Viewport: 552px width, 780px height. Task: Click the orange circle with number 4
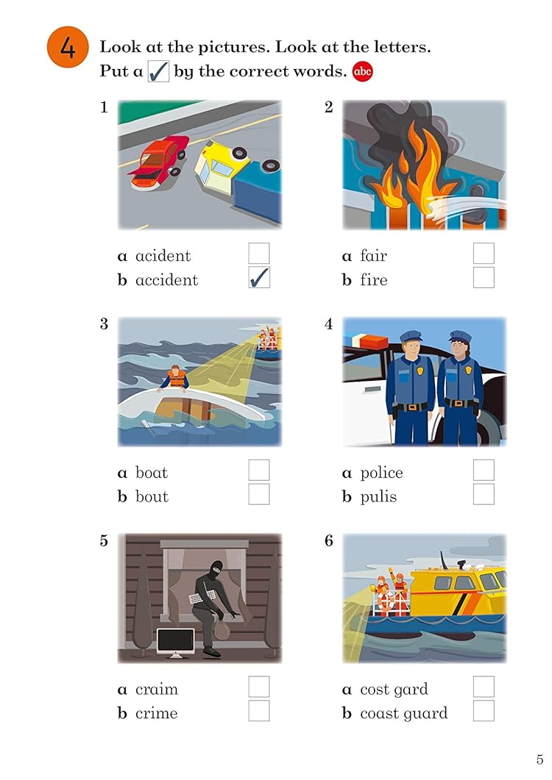click(x=68, y=48)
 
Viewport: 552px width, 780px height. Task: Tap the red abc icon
click(x=362, y=71)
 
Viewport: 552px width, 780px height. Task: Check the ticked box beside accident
click(x=259, y=278)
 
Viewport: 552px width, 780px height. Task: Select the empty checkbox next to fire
click(x=484, y=278)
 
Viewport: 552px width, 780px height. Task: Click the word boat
click(x=152, y=472)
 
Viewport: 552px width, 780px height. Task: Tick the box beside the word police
click(x=484, y=470)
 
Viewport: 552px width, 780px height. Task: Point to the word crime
click(x=157, y=713)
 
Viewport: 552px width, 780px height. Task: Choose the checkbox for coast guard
click(x=484, y=711)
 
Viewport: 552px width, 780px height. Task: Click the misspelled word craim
click(x=157, y=689)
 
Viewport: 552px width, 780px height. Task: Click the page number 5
click(x=539, y=759)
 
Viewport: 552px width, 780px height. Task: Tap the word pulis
click(x=378, y=497)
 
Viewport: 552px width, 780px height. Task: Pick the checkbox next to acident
click(x=259, y=253)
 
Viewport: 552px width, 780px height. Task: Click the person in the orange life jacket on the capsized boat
click(x=174, y=378)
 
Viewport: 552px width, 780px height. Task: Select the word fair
click(x=374, y=255)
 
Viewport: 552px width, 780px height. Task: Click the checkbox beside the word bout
click(x=259, y=494)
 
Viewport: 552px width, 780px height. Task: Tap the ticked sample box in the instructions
click(x=158, y=71)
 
